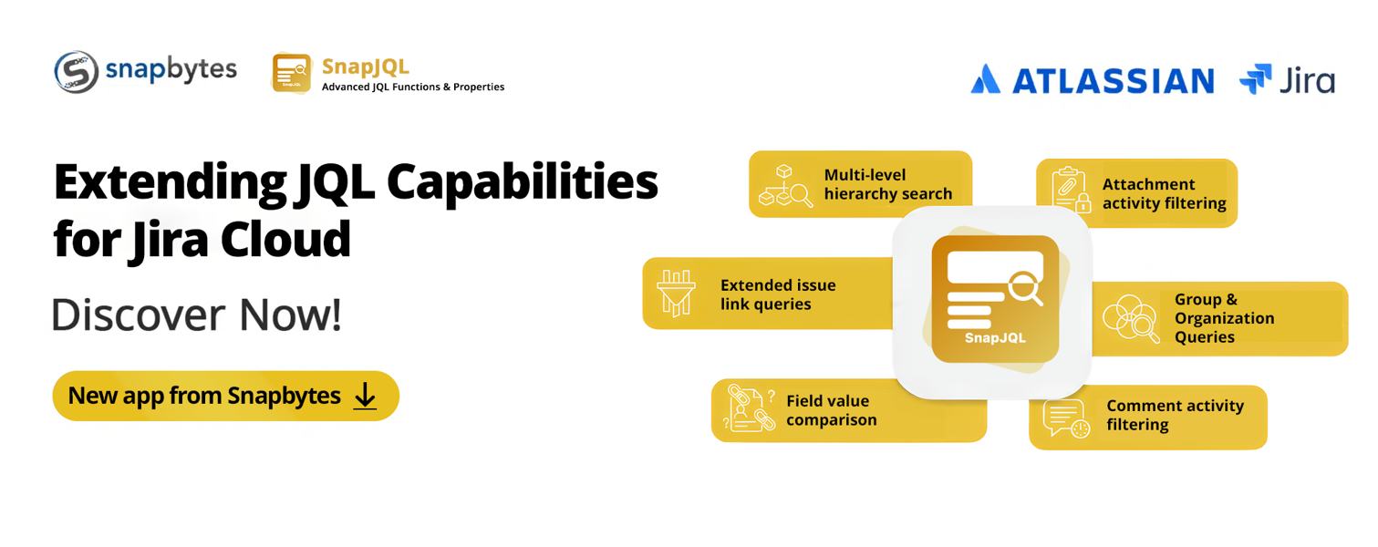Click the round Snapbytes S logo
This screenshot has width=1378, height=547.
coord(77,72)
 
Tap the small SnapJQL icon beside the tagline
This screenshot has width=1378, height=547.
coord(292,73)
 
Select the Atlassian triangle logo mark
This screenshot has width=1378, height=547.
coord(986,78)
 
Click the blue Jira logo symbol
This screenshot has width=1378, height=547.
coord(1255,78)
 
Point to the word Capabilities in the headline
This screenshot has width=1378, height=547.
coord(523,182)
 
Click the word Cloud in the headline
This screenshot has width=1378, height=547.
coord(285,240)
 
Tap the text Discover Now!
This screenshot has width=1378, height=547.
coord(196,315)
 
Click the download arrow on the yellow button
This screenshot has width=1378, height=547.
coord(365,396)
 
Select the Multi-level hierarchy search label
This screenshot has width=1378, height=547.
coord(887,184)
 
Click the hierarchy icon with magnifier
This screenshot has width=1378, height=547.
coord(785,185)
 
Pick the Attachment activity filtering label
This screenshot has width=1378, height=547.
coord(1164,193)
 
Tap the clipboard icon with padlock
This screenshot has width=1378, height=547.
coord(1071,191)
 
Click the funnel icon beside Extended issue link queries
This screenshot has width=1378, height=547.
coord(676,293)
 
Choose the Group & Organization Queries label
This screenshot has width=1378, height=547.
coord(1224,318)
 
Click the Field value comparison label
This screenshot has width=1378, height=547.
coord(831,410)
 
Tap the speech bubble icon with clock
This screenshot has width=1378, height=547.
coord(1066,418)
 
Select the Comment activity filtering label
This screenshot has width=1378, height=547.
coord(1175,416)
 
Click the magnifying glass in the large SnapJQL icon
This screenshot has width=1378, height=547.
coord(1026,288)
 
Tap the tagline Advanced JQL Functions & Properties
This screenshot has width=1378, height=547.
coord(413,87)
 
